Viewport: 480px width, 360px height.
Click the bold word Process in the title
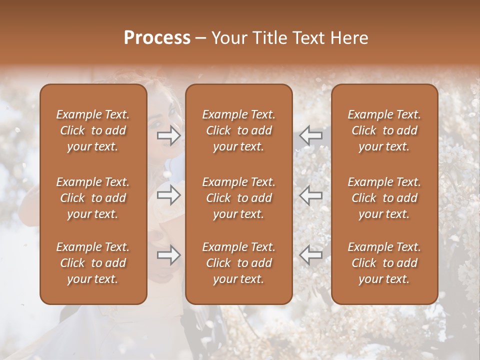pos(157,38)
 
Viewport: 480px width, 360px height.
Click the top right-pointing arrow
pos(169,135)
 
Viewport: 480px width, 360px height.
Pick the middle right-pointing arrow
pos(169,195)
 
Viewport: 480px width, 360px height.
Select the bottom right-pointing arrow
pos(169,255)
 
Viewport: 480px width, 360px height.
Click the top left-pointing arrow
pos(310,135)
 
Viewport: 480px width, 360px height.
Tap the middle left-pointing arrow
pos(310,195)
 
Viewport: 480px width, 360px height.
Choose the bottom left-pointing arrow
pos(310,255)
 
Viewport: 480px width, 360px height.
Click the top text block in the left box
pos(93,130)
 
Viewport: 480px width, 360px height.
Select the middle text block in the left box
pos(93,198)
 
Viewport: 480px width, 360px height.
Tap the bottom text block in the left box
pos(93,263)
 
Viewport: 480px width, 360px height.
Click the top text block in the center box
pos(238,130)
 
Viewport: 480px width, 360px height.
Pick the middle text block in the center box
pos(238,198)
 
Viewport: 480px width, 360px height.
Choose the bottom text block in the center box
pos(238,263)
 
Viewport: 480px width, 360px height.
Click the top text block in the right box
pos(384,130)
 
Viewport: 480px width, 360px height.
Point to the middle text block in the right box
pos(384,198)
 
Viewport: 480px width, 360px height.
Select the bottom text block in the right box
pos(384,263)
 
